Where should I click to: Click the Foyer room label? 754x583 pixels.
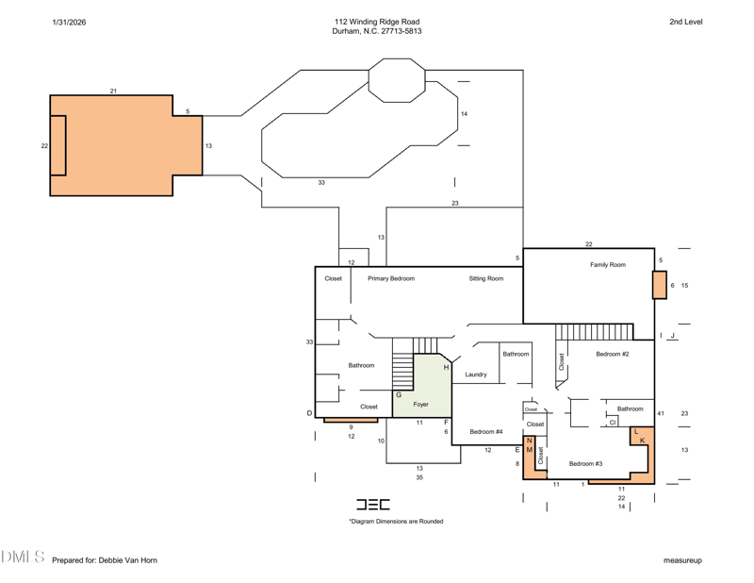click(x=420, y=405)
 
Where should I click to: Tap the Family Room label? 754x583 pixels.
click(x=608, y=265)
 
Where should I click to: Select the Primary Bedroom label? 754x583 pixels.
click(x=391, y=278)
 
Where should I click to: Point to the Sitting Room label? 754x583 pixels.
click(x=486, y=278)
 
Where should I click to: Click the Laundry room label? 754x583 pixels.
click(x=476, y=375)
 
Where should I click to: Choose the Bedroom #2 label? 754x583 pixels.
click(x=612, y=355)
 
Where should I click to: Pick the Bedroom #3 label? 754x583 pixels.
click(x=585, y=464)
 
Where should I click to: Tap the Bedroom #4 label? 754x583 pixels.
click(x=486, y=432)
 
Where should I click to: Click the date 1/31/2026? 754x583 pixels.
click(x=69, y=22)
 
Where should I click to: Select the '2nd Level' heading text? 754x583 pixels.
click(x=686, y=22)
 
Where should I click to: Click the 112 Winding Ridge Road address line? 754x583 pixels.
click(x=377, y=22)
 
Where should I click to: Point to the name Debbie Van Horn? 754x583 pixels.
click(x=128, y=560)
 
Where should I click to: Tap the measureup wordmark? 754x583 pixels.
click(x=682, y=561)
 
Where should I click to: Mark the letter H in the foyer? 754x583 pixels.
click(x=446, y=368)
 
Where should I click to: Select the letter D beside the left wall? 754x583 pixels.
click(x=309, y=413)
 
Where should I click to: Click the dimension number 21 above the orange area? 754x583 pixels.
click(x=113, y=91)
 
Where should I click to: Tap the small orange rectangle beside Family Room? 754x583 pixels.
click(x=659, y=285)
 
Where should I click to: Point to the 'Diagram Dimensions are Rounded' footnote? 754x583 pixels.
click(x=396, y=522)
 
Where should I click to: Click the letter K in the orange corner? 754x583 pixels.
click(x=643, y=441)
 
